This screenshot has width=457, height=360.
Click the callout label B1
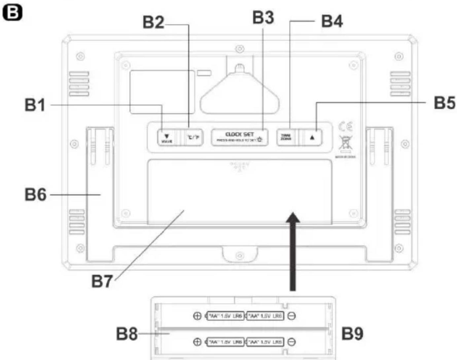[35, 105]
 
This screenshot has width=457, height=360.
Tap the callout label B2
[153, 22]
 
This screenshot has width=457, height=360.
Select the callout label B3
[263, 18]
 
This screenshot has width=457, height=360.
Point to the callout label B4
[332, 21]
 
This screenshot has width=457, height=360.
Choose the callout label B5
[444, 103]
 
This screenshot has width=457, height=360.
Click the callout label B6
[35, 195]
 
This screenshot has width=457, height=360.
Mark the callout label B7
[102, 282]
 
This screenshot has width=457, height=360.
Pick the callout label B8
[127, 334]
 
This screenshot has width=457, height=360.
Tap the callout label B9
[352, 334]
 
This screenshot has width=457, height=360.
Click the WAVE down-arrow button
[167, 137]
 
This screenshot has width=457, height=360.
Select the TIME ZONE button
[286, 137]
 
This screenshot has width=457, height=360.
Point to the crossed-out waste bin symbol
[345, 143]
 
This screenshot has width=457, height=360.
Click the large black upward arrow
[293, 251]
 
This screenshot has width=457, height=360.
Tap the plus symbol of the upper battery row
[197, 316]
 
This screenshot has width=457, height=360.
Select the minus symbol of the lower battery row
[292, 342]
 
